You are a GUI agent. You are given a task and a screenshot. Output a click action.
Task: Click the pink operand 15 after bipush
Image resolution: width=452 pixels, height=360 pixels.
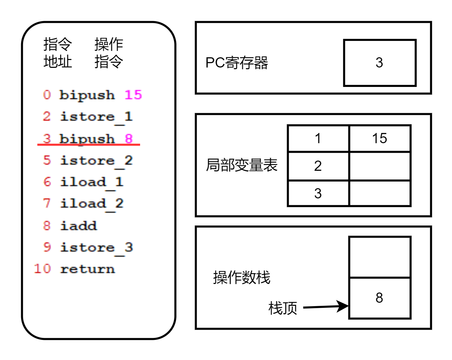point(133,95)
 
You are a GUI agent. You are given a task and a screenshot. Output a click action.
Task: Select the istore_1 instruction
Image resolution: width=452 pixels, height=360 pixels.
point(96,117)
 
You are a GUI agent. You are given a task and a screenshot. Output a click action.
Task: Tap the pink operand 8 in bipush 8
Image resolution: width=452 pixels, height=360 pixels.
point(129,138)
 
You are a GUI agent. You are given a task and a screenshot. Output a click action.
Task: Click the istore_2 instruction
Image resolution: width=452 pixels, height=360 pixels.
point(96,160)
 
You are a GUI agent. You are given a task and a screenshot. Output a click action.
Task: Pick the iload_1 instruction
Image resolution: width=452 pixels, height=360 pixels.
point(91,182)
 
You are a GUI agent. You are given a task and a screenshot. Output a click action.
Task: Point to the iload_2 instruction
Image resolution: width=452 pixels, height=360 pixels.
point(91,204)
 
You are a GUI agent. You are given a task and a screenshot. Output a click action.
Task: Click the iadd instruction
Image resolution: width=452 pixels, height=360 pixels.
point(78,226)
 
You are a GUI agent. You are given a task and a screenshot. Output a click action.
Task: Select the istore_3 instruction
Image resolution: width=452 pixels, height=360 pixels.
point(96,247)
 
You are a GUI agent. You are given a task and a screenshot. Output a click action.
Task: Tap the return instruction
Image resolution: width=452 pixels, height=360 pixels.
point(87,269)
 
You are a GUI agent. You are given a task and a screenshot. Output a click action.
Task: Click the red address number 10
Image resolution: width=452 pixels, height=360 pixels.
point(42,269)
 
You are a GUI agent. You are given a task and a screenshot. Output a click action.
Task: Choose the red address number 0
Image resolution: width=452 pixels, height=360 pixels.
point(47,95)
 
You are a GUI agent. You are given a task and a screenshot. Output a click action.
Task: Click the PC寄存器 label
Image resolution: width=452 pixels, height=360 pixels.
point(237,63)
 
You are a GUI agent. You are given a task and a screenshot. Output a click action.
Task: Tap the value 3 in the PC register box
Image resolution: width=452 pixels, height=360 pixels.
point(379,63)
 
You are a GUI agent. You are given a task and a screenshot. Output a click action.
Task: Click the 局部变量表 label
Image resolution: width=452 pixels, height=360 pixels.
point(242,165)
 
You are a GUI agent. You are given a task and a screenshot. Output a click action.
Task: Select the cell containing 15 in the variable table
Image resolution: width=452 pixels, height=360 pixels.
point(379,138)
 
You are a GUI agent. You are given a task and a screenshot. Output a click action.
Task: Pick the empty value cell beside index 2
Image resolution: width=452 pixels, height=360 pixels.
point(379,166)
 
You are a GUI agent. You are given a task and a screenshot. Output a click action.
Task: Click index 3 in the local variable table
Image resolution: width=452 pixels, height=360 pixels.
point(318,193)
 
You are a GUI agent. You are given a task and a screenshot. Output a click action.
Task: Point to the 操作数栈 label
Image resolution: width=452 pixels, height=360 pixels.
point(242,277)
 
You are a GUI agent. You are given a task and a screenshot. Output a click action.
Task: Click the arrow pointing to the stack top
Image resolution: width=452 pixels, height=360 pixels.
point(325,306)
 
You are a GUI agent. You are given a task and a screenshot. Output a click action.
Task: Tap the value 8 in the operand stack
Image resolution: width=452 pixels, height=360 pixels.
point(379,298)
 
